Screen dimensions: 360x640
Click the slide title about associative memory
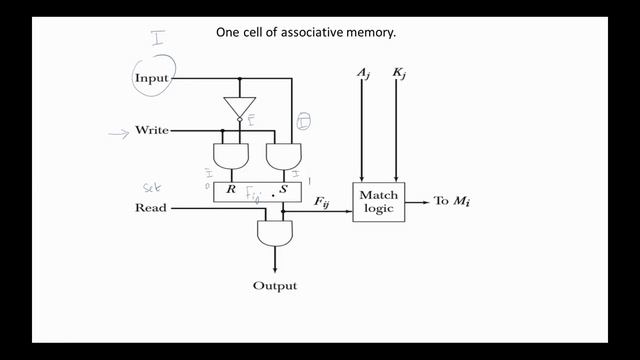point(307,32)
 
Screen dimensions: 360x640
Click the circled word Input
point(152,78)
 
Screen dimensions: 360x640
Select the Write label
point(152,131)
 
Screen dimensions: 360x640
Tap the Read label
point(151,208)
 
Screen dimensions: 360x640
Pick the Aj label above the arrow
point(362,74)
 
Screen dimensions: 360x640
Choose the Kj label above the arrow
point(398,74)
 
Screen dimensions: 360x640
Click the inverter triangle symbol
point(240,107)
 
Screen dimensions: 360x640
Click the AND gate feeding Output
point(273,234)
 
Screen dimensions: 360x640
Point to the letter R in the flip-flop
point(231,189)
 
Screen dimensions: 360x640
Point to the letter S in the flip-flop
point(284,189)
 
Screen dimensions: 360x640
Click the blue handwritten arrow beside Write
point(120,132)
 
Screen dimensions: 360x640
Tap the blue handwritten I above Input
point(156,39)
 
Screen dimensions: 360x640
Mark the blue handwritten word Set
point(152,186)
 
